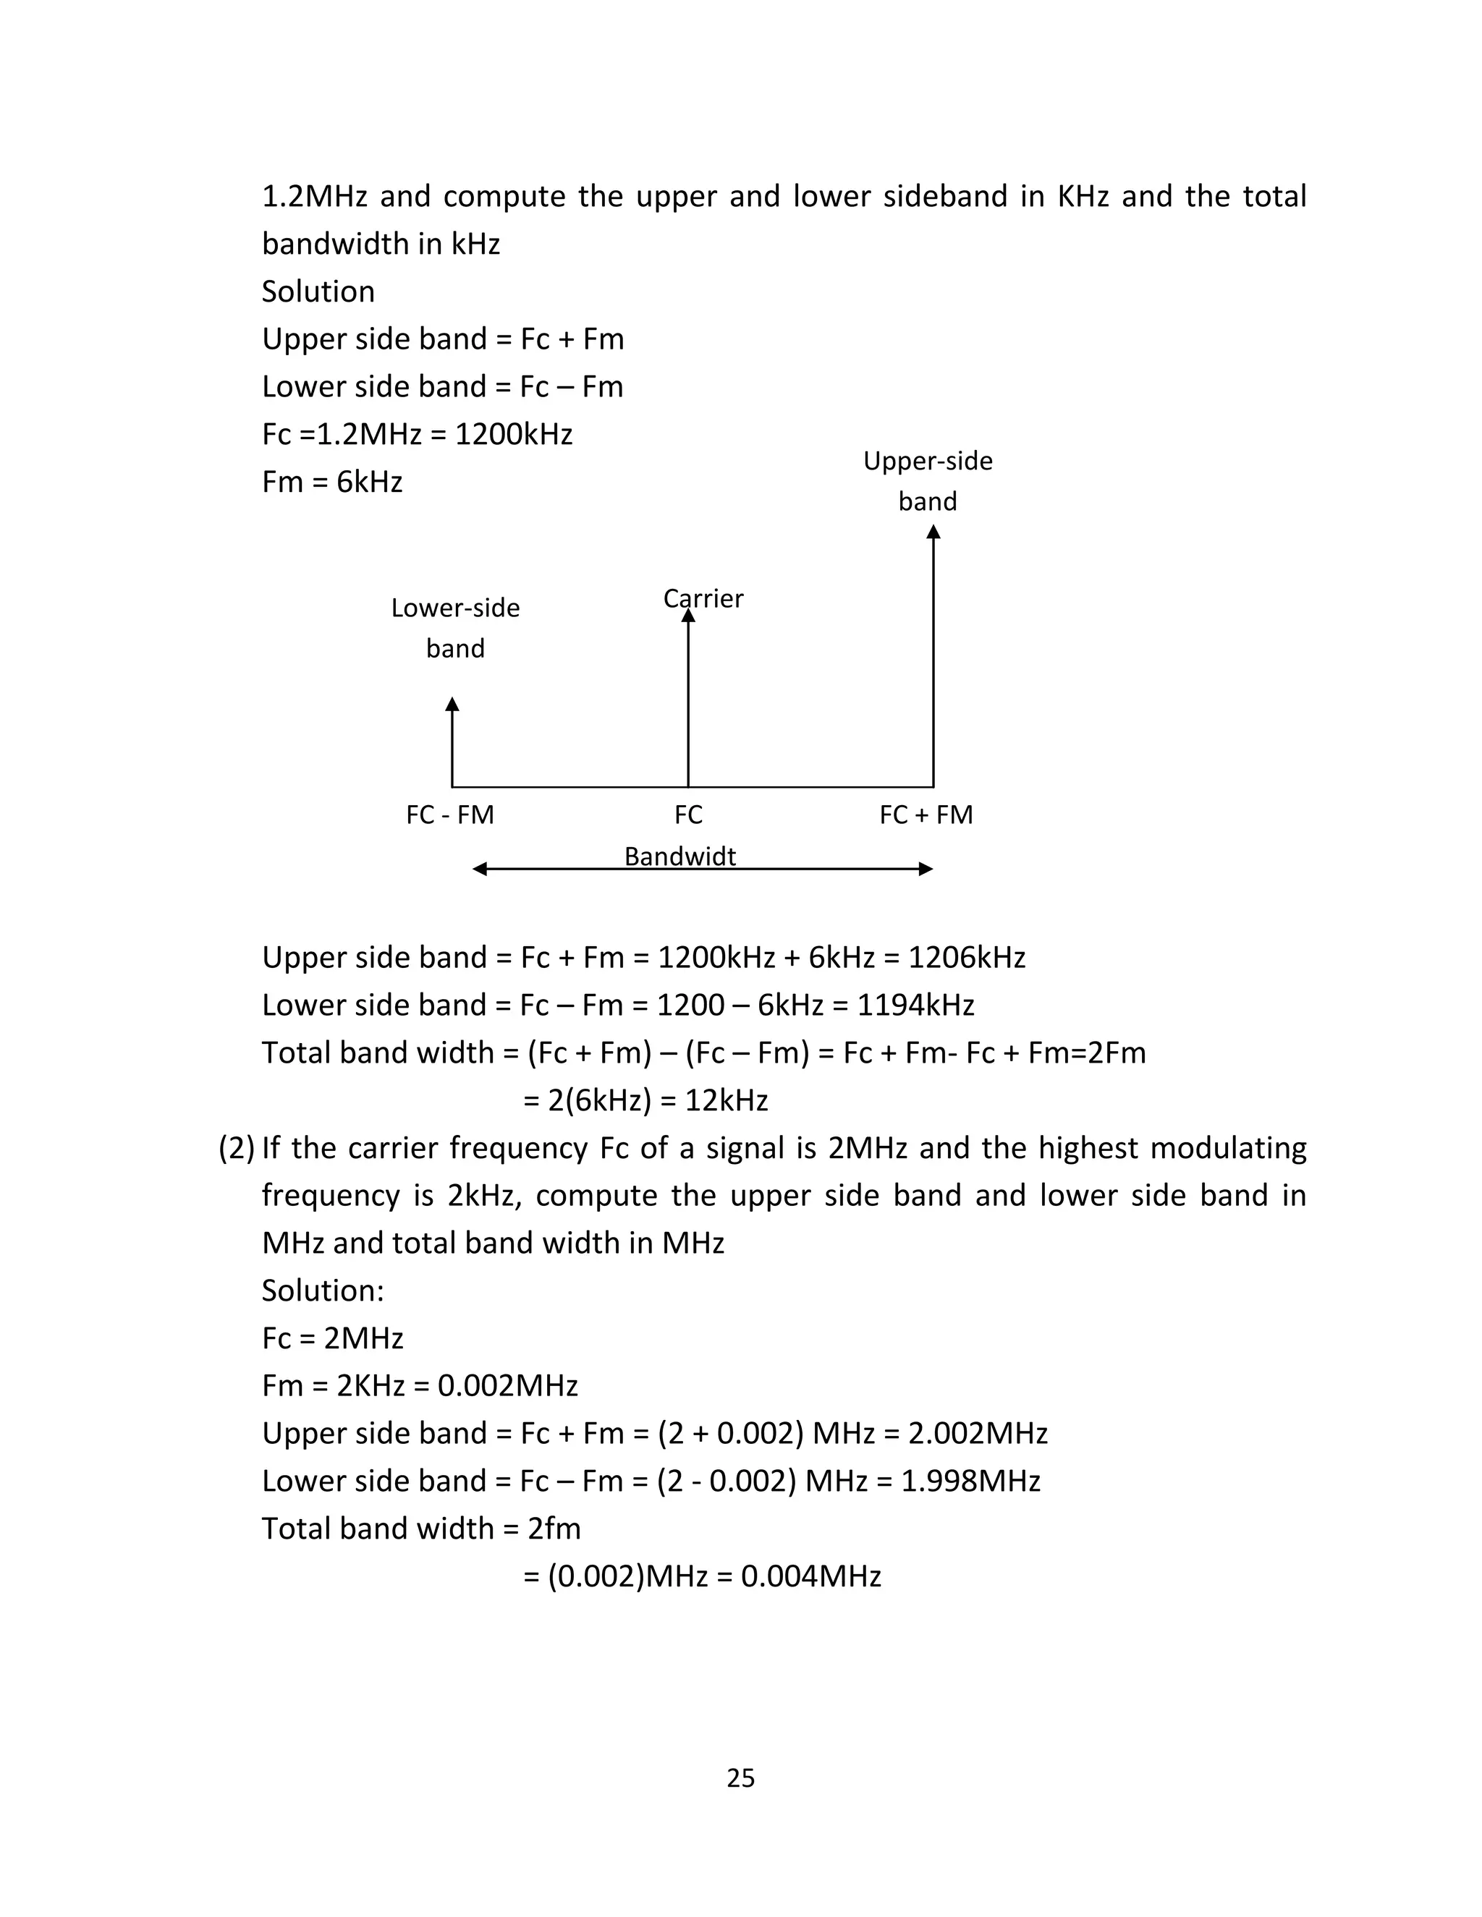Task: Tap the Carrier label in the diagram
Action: click(703, 599)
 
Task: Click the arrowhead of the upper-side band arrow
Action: click(933, 532)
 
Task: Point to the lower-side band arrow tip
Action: click(452, 704)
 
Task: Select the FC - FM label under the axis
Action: click(450, 815)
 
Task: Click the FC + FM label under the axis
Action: click(926, 815)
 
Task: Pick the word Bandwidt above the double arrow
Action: click(680, 856)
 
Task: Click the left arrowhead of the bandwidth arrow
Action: click(479, 869)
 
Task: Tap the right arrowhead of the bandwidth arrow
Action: click(926, 869)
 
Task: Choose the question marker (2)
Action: click(236, 1148)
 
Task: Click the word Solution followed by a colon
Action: click(323, 1291)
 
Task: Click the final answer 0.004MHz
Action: click(811, 1576)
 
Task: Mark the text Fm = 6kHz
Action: click(332, 482)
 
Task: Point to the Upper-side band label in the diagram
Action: click(928, 480)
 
